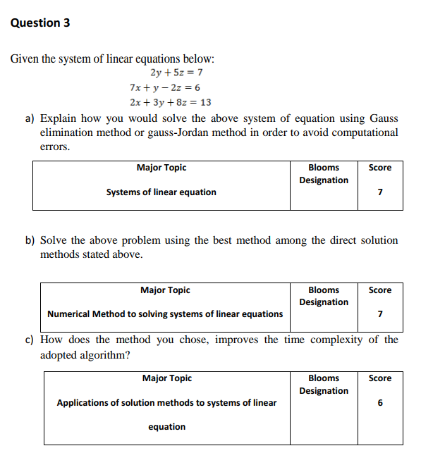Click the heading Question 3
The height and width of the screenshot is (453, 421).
[40, 23]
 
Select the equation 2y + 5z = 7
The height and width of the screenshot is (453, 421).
[177, 72]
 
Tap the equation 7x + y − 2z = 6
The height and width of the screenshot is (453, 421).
[165, 87]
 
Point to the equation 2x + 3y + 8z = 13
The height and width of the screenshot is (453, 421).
[171, 102]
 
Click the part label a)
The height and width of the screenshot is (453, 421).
[30, 118]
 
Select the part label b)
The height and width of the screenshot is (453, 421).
[30, 240]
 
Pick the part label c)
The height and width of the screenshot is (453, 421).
[30, 340]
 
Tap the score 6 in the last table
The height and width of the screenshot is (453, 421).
[380, 404]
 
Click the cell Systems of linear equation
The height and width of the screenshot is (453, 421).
[161, 192]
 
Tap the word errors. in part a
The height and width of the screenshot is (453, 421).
[55, 147]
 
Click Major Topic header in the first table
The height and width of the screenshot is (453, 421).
[161, 168]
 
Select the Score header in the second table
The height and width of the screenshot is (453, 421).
[380, 290]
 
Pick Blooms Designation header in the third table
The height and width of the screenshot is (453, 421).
[324, 385]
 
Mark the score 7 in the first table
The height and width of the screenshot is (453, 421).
[380, 192]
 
